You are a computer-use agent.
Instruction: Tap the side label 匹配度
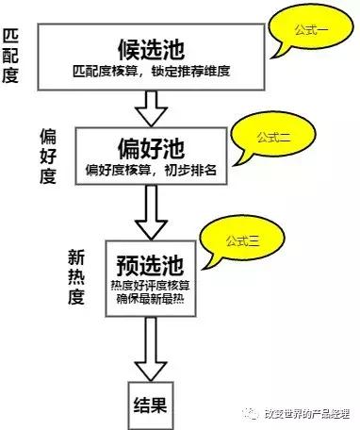click(x=10, y=55)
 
